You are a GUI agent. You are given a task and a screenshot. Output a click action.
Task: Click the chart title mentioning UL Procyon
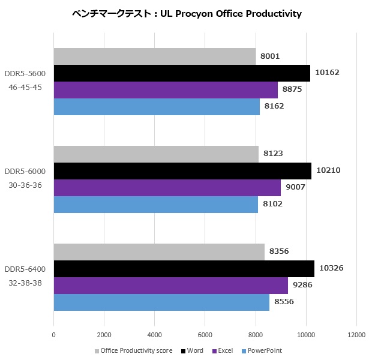tap(187, 13)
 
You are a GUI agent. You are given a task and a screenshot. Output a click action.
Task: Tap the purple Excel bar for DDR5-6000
tap(167, 187)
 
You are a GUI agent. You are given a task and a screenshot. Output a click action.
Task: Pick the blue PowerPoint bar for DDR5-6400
tap(161, 302)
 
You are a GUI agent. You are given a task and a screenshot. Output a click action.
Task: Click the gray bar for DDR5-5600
tap(155, 56)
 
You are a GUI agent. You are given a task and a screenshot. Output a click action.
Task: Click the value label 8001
tap(270, 56)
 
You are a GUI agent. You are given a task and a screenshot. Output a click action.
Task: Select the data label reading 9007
tap(295, 187)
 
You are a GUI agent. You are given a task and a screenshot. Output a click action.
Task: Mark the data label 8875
tap(292, 89)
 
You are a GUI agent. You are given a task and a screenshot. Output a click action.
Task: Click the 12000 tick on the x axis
tap(356, 335)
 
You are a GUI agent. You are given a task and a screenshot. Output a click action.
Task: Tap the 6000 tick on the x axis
tap(205, 335)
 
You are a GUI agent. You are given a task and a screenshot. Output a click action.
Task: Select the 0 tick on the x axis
tap(54, 335)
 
